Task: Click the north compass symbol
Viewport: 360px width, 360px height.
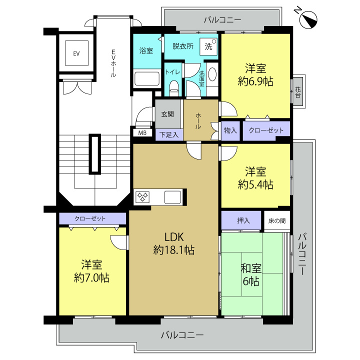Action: (x=308, y=19)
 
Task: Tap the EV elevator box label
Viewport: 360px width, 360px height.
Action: (x=76, y=53)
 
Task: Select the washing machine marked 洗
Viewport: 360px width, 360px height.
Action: (x=208, y=46)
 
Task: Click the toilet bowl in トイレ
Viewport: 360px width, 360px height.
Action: (x=174, y=88)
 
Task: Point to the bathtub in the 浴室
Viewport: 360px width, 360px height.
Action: (x=147, y=79)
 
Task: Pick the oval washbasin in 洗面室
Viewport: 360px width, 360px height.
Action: (x=212, y=73)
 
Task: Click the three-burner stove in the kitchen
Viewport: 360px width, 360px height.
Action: (x=142, y=197)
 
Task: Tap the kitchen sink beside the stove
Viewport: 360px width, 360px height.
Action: (x=172, y=197)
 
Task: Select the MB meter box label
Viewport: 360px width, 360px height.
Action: (x=142, y=133)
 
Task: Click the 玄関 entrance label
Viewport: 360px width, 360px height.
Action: (x=167, y=114)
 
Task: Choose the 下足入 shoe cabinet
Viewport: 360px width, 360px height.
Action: (x=169, y=135)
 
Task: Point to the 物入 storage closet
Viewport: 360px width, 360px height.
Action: (x=230, y=130)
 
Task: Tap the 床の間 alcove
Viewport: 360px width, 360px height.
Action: (x=277, y=220)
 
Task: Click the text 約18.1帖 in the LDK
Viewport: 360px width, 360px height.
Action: (x=174, y=250)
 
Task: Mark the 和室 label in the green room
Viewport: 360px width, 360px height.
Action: (x=251, y=268)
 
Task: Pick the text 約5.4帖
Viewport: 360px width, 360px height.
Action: (x=255, y=184)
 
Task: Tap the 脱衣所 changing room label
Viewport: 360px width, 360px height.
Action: (x=183, y=46)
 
